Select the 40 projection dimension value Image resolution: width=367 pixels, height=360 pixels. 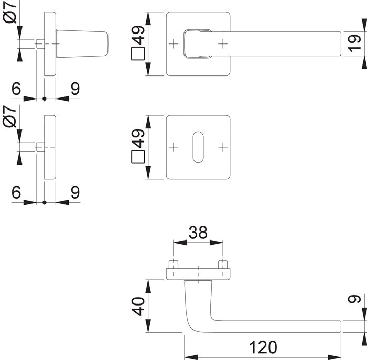click(137, 306)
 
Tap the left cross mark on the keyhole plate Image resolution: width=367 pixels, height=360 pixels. click(174, 147)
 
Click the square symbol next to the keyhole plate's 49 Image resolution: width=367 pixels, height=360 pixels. click(137, 158)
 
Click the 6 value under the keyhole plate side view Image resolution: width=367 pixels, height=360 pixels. click(16, 192)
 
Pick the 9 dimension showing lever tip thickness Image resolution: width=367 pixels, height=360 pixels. click(355, 301)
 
